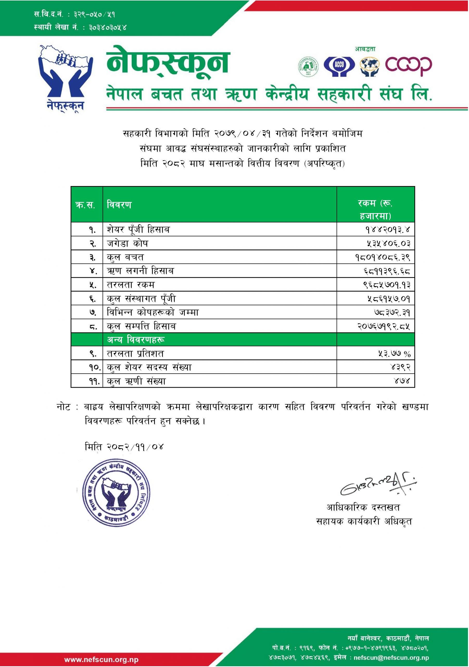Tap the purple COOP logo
pyautogui.click(x=408, y=66)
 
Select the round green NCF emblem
pyautogui.click(x=308, y=66)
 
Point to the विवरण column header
pyautogui.click(x=119, y=205)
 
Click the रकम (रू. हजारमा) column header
pyautogui.click(x=375, y=210)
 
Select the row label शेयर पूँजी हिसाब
pyautogui.click(x=138, y=230)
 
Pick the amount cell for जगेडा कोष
pyautogui.click(x=389, y=243)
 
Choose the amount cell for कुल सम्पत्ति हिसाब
pyautogui.click(x=384, y=326)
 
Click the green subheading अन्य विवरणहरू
pyautogui.click(x=136, y=339)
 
